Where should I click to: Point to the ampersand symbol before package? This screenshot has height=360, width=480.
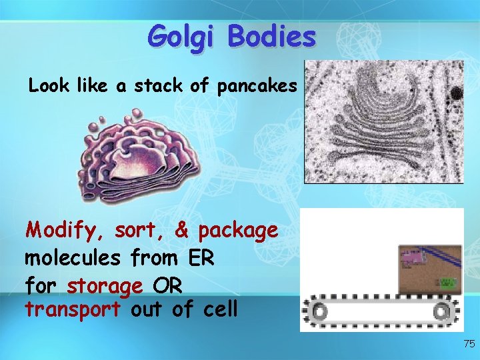tap(181, 231)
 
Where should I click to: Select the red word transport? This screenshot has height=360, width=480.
tap(73, 310)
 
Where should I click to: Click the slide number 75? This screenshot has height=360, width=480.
tap(469, 344)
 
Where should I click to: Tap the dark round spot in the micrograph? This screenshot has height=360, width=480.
tap(457, 93)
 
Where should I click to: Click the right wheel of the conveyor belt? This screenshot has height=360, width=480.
tap(441, 311)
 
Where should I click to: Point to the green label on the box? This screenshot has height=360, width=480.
tap(448, 283)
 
